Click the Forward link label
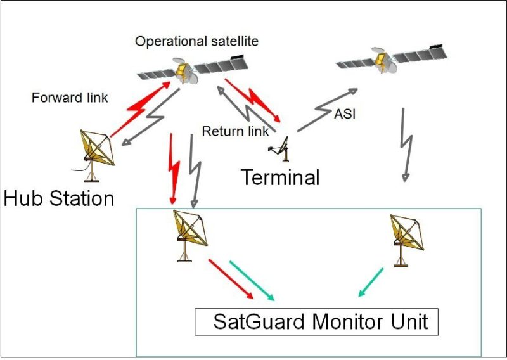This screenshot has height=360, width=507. click(x=70, y=98)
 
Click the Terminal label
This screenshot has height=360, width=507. click(x=279, y=177)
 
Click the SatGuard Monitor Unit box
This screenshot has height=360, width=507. click(x=316, y=322)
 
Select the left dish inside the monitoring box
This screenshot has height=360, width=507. click(x=191, y=235)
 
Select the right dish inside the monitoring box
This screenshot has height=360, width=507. click(x=406, y=238)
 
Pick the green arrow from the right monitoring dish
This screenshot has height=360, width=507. click(x=371, y=282)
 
